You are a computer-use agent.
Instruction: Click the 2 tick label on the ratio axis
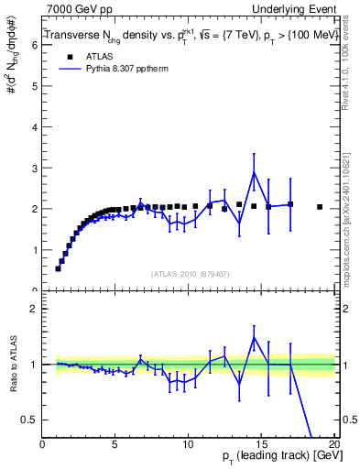tap(35, 309)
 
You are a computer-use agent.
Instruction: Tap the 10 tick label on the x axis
tap(188, 445)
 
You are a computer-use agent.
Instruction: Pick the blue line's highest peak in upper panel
tap(254, 172)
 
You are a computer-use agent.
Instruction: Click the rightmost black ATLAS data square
tap(319, 207)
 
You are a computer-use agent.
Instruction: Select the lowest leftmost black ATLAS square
tap(59, 268)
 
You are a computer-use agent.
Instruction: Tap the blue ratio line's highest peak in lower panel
tap(254, 337)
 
